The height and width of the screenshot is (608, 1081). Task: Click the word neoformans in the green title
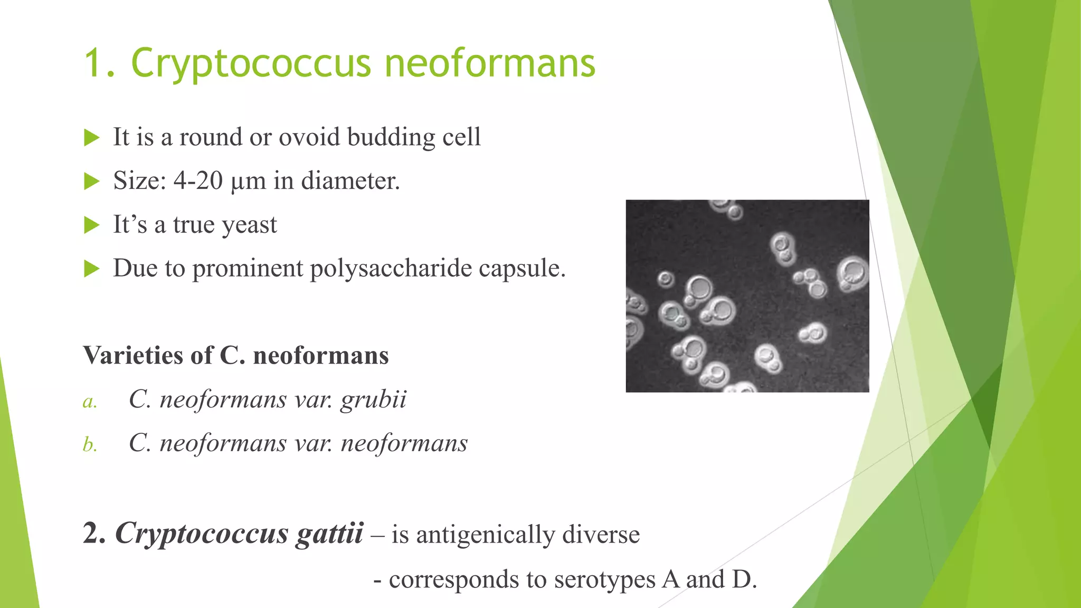click(x=490, y=63)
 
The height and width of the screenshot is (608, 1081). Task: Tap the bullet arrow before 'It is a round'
click(x=92, y=138)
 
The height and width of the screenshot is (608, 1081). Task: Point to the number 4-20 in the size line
click(x=198, y=181)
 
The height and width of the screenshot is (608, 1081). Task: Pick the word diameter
click(x=350, y=181)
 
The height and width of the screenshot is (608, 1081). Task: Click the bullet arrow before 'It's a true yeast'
click(x=92, y=225)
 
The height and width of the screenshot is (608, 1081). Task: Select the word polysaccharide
click(x=391, y=269)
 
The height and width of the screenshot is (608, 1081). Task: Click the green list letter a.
click(x=90, y=402)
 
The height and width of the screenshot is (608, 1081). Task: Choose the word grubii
click(x=373, y=400)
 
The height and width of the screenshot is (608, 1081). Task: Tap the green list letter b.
click(x=90, y=445)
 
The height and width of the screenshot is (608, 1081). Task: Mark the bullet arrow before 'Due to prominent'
click(x=92, y=269)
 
